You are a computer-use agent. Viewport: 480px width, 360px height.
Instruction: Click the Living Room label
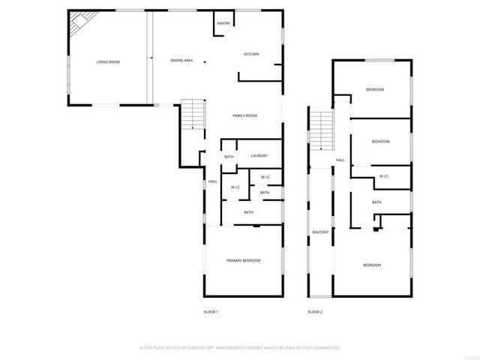[x=108, y=61]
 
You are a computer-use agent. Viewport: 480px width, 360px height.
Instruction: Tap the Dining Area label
[x=181, y=60]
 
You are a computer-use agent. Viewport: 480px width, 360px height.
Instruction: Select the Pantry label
[x=223, y=24]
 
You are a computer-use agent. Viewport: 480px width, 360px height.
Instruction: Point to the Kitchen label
[x=251, y=54]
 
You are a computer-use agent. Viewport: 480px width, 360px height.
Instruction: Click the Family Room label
[x=244, y=115]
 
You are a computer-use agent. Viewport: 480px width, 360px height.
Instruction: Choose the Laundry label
[x=259, y=155]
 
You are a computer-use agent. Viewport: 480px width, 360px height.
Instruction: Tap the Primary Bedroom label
[x=244, y=260]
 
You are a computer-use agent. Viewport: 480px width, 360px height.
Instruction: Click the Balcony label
[x=320, y=232]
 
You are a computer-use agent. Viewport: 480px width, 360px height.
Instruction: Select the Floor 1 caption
[x=211, y=311]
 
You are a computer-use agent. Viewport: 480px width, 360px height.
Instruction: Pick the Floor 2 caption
[x=315, y=311]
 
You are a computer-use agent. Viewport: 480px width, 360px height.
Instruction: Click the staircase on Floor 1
[x=193, y=115]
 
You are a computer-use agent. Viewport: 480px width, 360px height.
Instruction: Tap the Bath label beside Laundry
[x=229, y=156]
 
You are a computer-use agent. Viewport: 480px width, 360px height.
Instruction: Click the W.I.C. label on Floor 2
[x=384, y=176]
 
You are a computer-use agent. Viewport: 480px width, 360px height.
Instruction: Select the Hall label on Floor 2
[x=340, y=160]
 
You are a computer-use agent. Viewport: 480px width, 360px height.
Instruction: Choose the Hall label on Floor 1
[x=212, y=181]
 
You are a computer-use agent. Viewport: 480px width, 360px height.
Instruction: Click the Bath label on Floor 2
[x=376, y=202]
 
